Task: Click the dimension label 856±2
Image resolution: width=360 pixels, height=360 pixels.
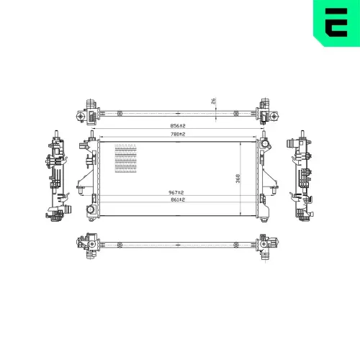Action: pos(178,126)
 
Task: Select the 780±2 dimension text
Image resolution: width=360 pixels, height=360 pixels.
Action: pos(178,135)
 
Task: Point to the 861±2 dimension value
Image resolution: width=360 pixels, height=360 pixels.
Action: pos(178,199)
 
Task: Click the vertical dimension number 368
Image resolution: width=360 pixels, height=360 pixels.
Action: pos(238,178)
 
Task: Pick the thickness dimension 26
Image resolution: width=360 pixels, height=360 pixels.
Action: pos(213,102)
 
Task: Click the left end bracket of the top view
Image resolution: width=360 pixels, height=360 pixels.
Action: pos(91,112)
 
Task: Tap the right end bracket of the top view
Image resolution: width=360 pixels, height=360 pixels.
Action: pos(266,112)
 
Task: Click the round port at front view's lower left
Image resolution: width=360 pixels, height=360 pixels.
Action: pos(91,210)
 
